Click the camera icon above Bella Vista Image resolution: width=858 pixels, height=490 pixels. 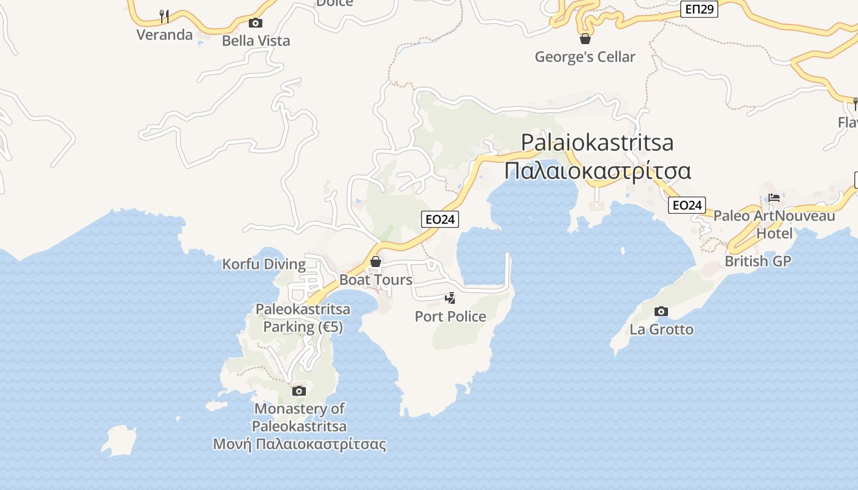point(256,23)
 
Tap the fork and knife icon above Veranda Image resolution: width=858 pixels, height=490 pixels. point(164,16)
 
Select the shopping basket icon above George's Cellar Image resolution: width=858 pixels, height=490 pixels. point(585,39)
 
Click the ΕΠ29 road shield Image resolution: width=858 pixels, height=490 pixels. point(699,9)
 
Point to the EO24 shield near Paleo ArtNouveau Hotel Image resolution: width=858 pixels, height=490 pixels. point(687,205)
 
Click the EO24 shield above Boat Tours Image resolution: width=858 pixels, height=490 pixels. point(440,219)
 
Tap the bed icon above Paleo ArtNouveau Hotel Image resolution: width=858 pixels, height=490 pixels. point(774,198)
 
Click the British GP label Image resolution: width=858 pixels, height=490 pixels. point(757,261)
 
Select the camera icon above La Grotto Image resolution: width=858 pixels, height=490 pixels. point(661,312)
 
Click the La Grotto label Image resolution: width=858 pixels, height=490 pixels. point(661,330)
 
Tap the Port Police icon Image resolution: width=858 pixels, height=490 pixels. point(450,298)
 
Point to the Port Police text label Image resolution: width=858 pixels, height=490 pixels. point(450,317)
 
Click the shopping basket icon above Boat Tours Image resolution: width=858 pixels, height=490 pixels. point(376,262)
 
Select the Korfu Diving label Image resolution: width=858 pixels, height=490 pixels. point(264,265)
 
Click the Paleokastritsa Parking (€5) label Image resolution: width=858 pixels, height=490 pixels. point(303,318)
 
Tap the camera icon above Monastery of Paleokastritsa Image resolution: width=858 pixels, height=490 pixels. point(299,391)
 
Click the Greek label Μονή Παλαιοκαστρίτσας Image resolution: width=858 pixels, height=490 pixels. point(300,444)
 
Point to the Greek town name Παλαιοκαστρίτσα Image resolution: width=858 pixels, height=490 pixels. point(598,170)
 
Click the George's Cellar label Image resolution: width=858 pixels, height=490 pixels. point(585,57)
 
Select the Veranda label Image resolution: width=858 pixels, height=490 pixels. point(164,34)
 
